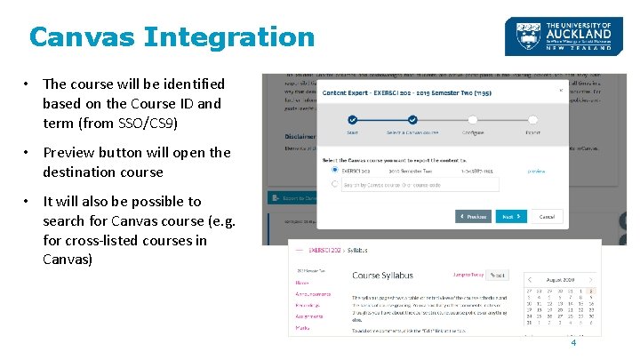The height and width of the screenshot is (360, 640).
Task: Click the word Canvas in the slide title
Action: pos(81,37)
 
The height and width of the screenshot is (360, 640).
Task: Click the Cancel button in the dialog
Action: pos(547,216)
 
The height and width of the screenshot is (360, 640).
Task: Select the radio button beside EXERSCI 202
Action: pos(334,170)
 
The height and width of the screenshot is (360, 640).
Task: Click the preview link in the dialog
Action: pos(536,170)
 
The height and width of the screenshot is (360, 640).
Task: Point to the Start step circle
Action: pos(352,119)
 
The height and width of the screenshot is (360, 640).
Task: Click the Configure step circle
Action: pos(473,119)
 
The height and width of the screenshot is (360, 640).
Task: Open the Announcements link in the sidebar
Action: pos(313,293)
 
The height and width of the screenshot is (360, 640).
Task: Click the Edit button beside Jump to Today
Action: pos(499,276)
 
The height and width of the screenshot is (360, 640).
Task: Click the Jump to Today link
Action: pos(468,276)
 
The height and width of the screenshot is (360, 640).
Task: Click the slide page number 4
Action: pos(573,342)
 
